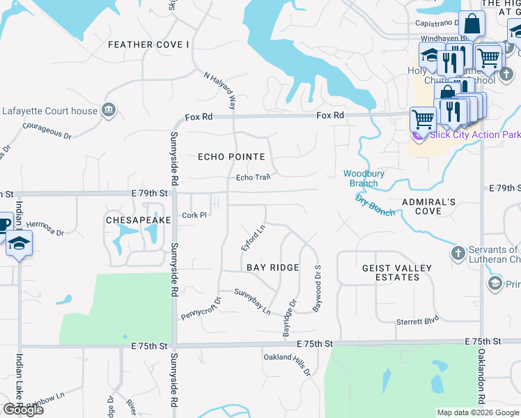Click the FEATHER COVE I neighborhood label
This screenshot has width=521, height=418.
pos(149,45)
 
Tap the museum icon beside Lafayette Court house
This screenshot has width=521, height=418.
pos(108,110)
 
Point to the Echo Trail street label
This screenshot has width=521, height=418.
pos(253,178)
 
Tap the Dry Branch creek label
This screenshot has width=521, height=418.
pos(375,206)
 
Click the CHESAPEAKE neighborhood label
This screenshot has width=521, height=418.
pos(138,219)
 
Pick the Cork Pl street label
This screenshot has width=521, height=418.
pos(194,215)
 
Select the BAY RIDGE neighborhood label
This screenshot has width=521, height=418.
pos(273,268)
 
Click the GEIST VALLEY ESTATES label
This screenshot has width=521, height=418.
pos(396,272)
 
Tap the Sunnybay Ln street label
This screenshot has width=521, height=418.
pos(252,302)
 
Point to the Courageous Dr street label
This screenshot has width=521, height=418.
pos(47,131)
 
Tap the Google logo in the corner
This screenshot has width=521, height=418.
pos(23,410)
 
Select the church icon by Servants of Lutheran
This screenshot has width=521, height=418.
pos(458,251)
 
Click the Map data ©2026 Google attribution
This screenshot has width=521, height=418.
pos(477,412)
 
